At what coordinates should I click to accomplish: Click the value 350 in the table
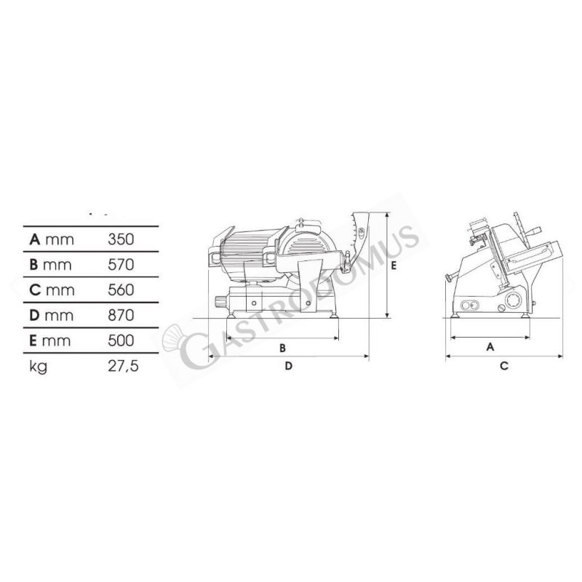click(x=121, y=239)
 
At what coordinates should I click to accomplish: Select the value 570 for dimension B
click(x=121, y=265)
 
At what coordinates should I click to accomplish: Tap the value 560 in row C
click(x=121, y=290)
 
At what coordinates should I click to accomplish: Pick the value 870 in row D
click(x=121, y=315)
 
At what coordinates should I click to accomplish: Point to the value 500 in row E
click(x=121, y=340)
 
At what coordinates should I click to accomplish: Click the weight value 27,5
click(x=123, y=366)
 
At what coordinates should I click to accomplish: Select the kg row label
click(x=39, y=367)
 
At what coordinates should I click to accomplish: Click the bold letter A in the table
click(x=34, y=239)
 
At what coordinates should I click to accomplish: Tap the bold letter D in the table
click(x=34, y=315)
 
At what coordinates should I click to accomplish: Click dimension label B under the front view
click(x=282, y=348)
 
